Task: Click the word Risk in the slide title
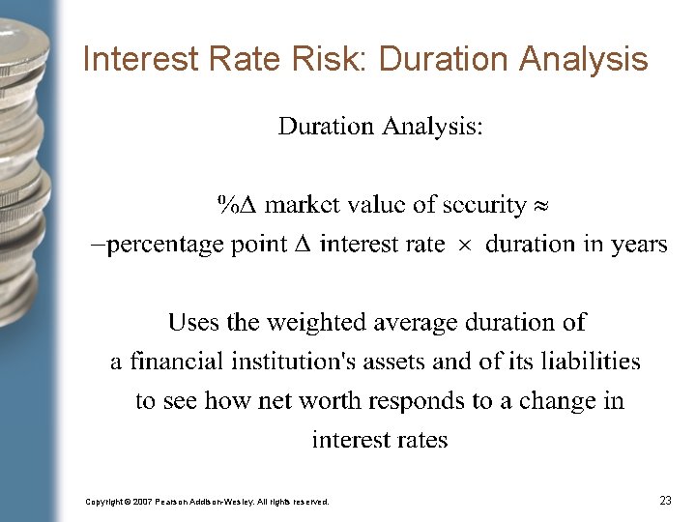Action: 333,60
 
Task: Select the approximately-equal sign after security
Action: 541,205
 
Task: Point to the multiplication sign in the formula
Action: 465,245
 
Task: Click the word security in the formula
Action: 482,205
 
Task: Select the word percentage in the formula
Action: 164,245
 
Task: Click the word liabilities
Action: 591,362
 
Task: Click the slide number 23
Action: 665,501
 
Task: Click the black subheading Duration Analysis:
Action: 380,126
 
